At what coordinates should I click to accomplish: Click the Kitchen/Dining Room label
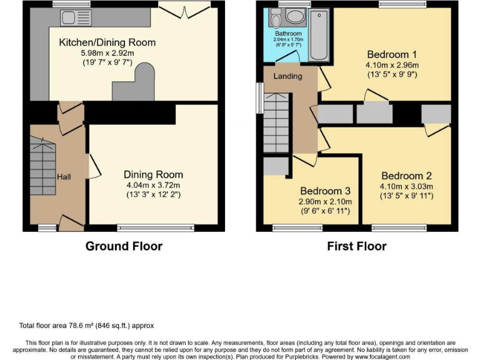pos(107,42)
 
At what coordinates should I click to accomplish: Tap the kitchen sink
pos(77,17)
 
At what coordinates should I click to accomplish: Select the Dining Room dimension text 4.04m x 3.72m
pos(153,185)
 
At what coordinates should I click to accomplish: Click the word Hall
pos(64,177)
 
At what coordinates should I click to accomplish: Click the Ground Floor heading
pos(124,246)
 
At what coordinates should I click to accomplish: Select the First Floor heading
pos(356,246)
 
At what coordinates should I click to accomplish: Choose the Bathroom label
pos(287,34)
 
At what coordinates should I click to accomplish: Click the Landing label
pos(287,76)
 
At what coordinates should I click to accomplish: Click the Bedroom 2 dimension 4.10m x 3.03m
pos(406,186)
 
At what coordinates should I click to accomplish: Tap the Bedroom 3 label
pos(325,191)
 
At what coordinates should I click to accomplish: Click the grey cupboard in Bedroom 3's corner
pos(275,166)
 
